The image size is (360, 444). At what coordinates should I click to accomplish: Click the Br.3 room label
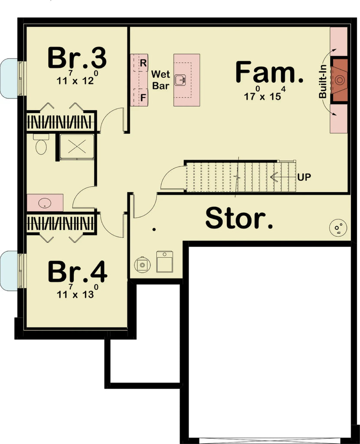[x=77, y=59]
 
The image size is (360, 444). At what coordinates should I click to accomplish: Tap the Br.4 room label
[x=77, y=272]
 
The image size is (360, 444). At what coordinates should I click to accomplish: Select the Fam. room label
[x=269, y=72]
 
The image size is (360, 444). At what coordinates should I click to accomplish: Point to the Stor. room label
[x=239, y=219]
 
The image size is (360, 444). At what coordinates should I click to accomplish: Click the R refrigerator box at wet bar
[x=143, y=62]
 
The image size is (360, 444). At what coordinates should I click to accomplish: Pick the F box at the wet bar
[x=143, y=98]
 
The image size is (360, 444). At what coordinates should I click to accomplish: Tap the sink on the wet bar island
[x=180, y=80]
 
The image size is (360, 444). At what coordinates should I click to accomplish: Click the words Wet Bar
[x=160, y=80]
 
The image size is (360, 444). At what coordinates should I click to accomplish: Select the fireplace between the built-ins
[x=340, y=80]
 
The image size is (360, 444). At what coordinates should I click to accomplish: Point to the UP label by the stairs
[x=304, y=177]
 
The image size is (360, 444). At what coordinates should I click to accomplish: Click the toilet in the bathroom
[x=41, y=145]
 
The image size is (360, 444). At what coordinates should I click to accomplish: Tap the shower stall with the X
[x=77, y=147]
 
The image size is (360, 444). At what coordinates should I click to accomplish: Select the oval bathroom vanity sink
[x=45, y=203]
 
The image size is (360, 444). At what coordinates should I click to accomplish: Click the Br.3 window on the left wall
[x=12, y=78]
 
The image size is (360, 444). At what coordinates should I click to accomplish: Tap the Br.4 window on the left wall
[x=12, y=271]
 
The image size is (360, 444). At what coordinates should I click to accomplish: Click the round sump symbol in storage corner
[x=338, y=227]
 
